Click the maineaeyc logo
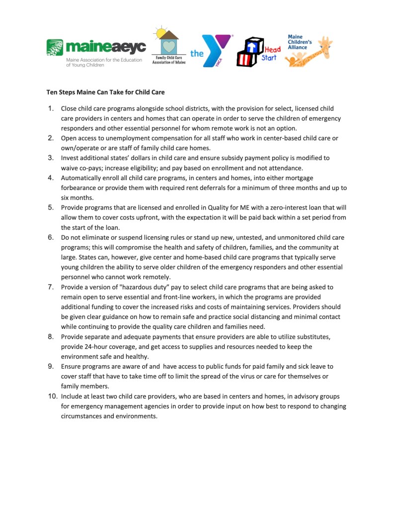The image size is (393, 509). tap(96, 52)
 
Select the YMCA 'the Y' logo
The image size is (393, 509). tap(211, 51)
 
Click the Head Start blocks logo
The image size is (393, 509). tap(258, 52)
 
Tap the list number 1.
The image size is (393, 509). tap(51, 108)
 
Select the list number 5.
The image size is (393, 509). tap(51, 207)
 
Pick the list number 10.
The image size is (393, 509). tap(52, 396)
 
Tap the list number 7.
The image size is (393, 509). tap(51, 287)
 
